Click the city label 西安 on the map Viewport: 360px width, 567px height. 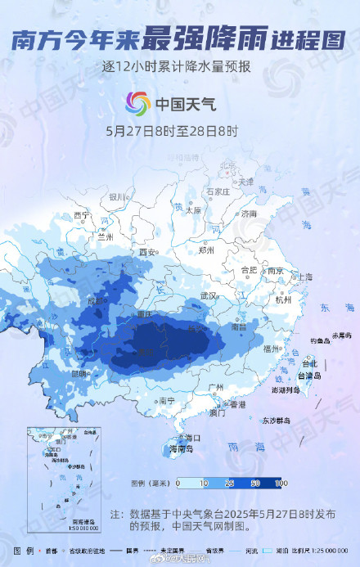click(148, 251)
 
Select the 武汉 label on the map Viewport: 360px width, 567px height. click(208, 295)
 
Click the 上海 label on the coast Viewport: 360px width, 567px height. click(304, 277)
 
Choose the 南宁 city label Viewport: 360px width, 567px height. click(167, 401)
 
